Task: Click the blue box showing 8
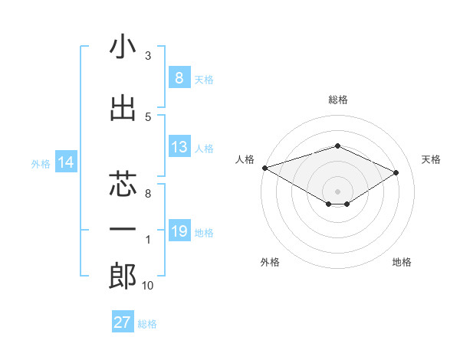[179, 78]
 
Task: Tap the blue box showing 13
[179, 148]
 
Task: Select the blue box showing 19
[179, 231]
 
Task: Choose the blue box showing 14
[66, 162]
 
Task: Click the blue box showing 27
[123, 322]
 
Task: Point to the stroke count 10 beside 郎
[148, 286]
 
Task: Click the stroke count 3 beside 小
[148, 56]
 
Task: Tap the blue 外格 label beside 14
[41, 163]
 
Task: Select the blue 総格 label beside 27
[147, 324]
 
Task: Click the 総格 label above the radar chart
[337, 100]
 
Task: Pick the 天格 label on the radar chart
[432, 159]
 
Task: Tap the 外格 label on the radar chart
[270, 262]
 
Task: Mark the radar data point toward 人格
[264, 167]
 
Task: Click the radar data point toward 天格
[396, 172]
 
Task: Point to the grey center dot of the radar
[337, 191]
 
